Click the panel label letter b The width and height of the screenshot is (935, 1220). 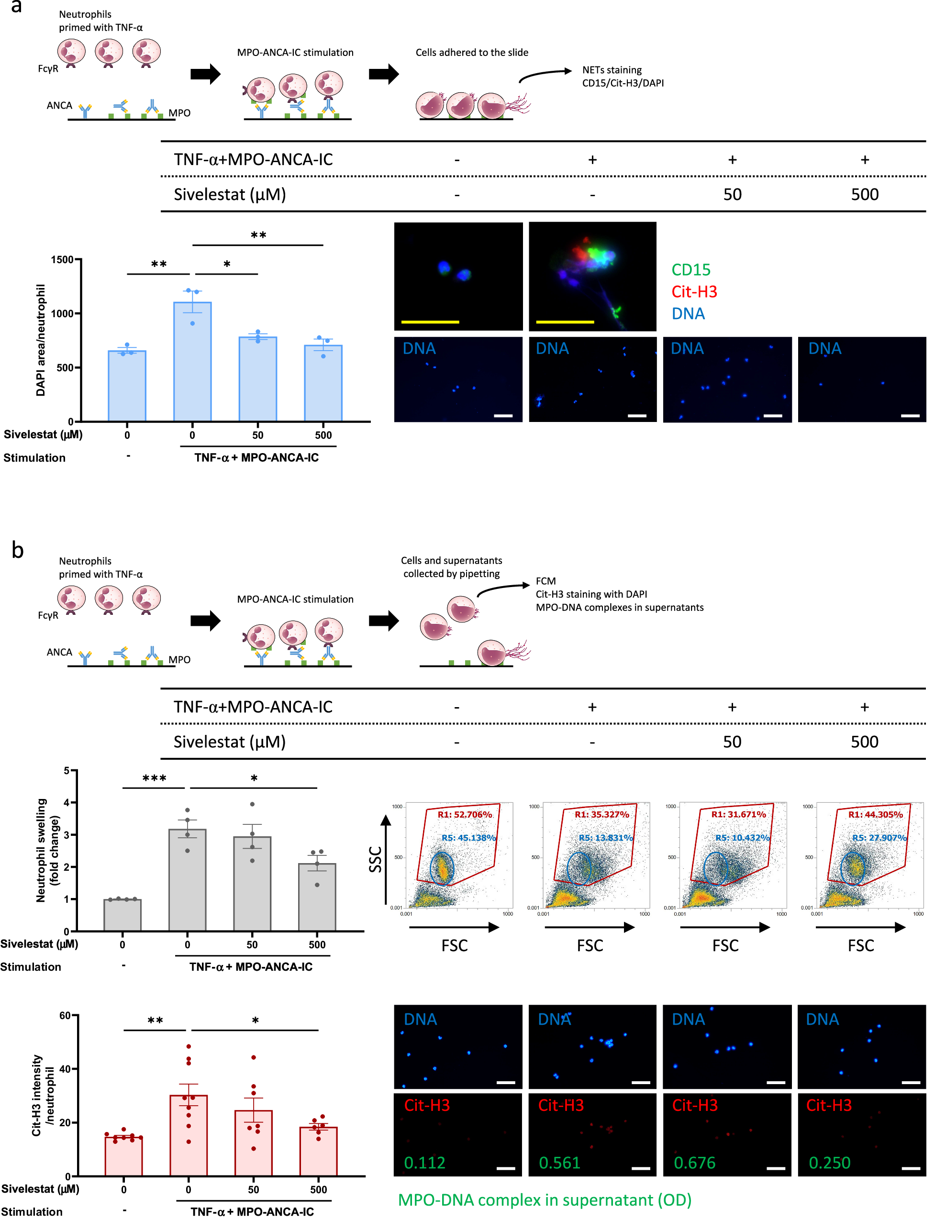click(17, 550)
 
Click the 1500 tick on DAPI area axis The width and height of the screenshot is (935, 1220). click(62, 260)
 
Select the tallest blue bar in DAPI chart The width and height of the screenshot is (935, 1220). click(192, 362)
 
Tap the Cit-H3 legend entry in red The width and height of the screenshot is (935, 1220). click(694, 291)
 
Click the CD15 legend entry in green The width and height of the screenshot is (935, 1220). click(690, 270)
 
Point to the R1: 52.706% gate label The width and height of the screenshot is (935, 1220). click(465, 814)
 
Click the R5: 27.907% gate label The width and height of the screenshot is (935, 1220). click(879, 837)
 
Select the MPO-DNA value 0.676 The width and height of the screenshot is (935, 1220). click(695, 1163)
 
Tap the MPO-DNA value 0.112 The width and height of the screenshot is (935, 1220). click(424, 1163)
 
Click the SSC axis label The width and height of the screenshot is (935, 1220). click(376, 859)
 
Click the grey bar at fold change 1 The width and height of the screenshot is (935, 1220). click(122, 915)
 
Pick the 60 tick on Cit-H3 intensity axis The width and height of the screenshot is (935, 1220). click(65, 1015)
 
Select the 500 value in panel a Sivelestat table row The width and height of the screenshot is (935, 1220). click(864, 195)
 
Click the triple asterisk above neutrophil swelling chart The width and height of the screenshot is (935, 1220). click(154, 778)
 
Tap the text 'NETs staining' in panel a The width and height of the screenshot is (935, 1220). click(612, 70)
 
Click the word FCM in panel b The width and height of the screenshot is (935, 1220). click(545, 581)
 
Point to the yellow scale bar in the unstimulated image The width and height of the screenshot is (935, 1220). click(430, 322)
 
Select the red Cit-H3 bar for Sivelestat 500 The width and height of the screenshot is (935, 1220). click(318, 1151)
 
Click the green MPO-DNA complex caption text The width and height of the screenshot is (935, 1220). click(545, 1200)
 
